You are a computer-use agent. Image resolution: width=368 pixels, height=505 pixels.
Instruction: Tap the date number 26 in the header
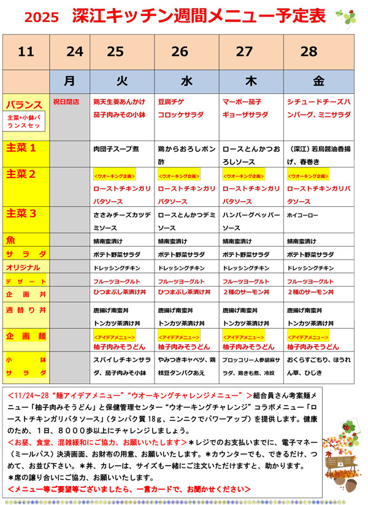[180, 52]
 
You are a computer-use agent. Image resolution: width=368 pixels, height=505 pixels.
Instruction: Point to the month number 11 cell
[26, 52]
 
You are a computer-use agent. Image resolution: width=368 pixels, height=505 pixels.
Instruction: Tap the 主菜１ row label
[21, 148]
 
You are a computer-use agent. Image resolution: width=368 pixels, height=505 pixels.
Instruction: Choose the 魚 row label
[12, 240]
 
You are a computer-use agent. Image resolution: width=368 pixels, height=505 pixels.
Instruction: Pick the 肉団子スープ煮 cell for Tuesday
[116, 149]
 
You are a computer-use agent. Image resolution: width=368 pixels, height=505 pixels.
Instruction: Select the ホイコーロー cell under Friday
[303, 215]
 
